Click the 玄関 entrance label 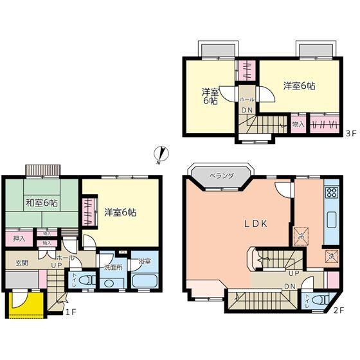22,263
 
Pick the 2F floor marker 338,310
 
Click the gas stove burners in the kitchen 332,194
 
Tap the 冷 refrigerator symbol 300,235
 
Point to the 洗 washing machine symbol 331,254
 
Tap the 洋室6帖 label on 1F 120,212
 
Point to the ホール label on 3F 246,100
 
